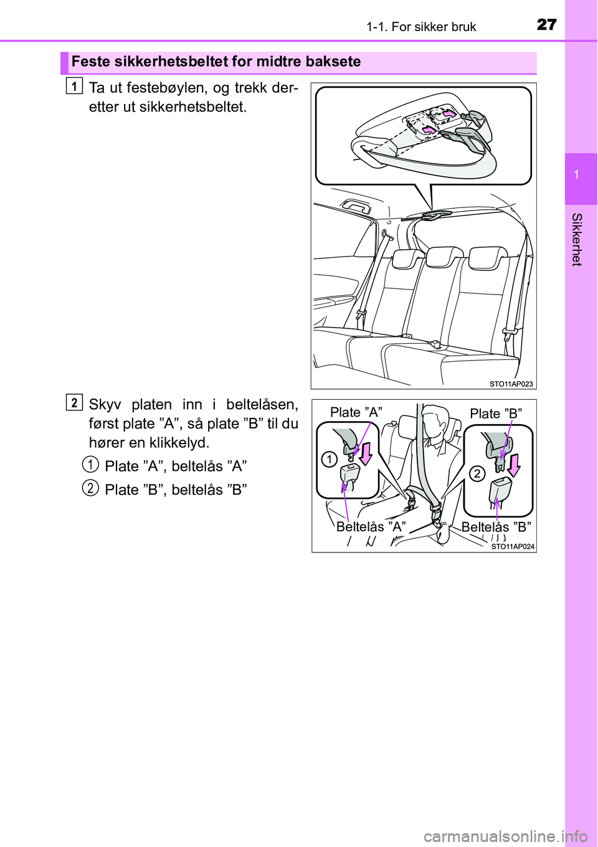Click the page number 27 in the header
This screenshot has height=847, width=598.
click(x=546, y=25)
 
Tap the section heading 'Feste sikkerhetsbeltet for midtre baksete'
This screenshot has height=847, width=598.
click(x=216, y=61)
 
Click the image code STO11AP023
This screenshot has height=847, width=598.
click(x=511, y=384)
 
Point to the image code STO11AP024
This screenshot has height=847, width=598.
click(x=513, y=546)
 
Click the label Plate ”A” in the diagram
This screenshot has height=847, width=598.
click(x=356, y=412)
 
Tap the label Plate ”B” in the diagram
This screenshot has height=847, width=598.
click(x=496, y=414)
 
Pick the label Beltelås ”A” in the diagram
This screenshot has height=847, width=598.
click(x=371, y=526)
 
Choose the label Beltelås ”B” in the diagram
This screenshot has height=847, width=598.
click(x=496, y=526)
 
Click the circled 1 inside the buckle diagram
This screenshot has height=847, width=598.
click(x=330, y=460)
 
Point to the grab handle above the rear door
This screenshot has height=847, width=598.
click(x=356, y=206)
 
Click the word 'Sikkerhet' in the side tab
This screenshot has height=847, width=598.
click(x=576, y=239)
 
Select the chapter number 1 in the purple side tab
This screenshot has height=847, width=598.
click(x=576, y=174)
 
